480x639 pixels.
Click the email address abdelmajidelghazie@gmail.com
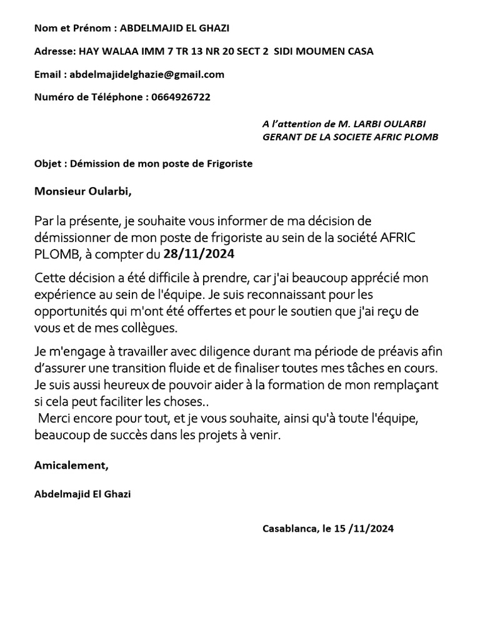coord(147,74)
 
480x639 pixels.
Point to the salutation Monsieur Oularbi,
coord(83,191)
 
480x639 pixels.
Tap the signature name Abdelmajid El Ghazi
coord(83,494)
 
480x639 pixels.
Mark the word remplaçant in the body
coord(407,380)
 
